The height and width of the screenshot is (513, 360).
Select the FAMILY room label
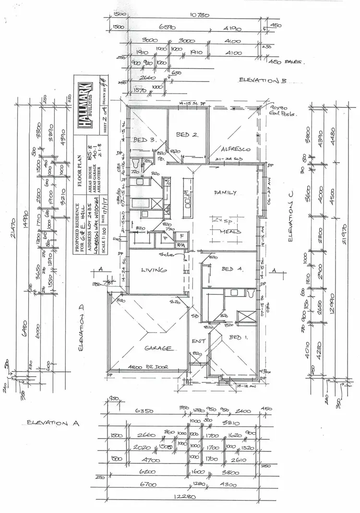(225, 193)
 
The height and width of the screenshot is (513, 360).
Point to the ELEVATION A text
(52, 423)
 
